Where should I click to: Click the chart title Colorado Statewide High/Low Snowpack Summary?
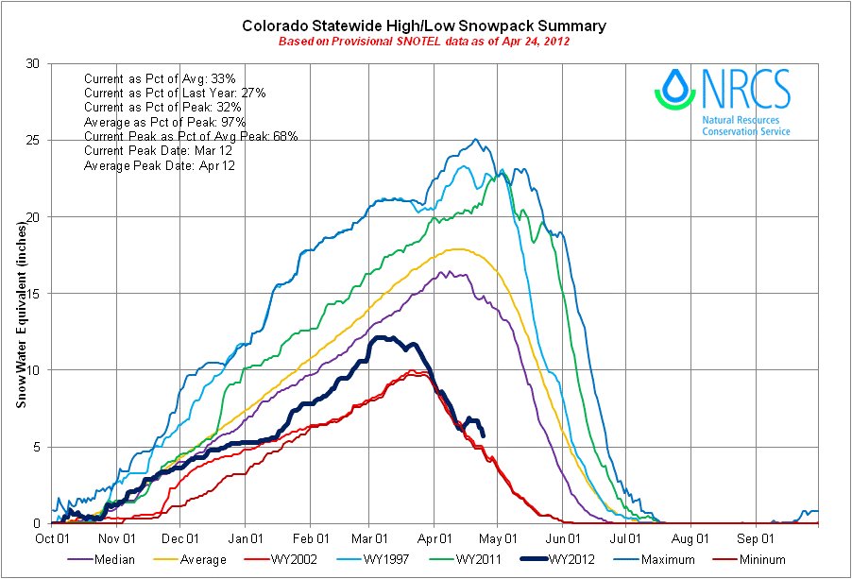coord(424,26)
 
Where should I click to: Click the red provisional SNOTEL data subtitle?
coord(424,43)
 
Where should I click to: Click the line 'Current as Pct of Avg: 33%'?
coord(164,78)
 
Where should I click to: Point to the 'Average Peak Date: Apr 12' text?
coord(160,165)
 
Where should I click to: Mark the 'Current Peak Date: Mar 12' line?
coord(159,151)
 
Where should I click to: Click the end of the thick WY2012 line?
coord(484,434)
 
